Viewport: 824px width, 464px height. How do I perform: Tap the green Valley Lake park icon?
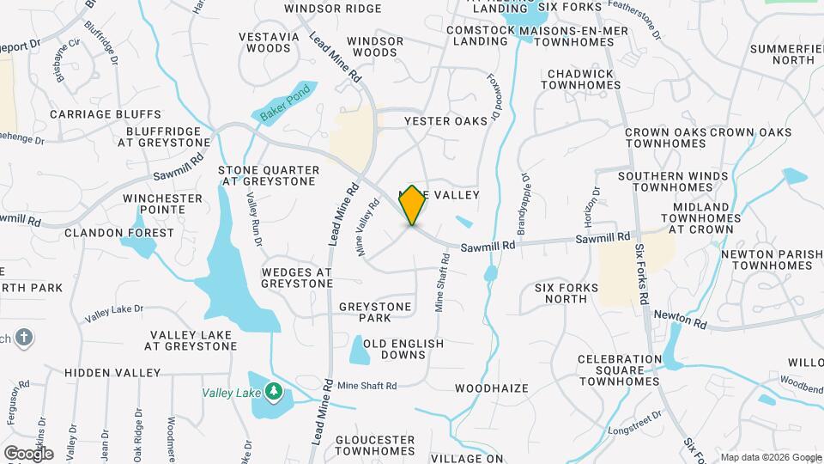tap(274, 392)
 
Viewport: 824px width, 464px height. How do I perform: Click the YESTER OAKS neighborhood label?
tap(445, 121)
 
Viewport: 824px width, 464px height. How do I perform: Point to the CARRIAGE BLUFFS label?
tap(106, 113)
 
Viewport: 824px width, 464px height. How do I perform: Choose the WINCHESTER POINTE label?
tap(162, 205)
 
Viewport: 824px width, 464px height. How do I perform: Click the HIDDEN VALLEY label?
tap(112, 373)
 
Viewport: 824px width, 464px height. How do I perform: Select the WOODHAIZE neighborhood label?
tap(491, 388)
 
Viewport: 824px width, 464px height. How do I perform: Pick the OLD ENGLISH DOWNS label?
tap(403, 349)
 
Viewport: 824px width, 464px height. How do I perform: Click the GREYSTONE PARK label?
tap(377, 312)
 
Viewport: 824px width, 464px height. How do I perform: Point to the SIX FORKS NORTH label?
tap(560, 293)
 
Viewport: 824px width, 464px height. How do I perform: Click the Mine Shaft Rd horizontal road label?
tap(367, 386)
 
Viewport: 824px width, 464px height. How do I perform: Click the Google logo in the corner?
tap(28, 453)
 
